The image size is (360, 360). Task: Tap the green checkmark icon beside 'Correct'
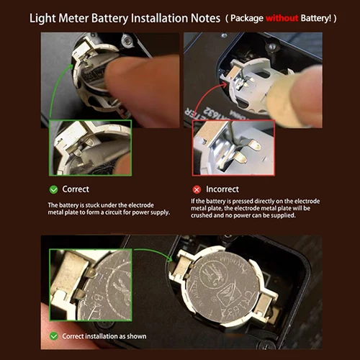53,189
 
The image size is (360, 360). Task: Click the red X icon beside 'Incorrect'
196,189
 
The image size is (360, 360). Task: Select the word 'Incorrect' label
224,189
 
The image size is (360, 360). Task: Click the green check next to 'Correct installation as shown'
53,336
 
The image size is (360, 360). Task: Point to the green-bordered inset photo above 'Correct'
91,148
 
